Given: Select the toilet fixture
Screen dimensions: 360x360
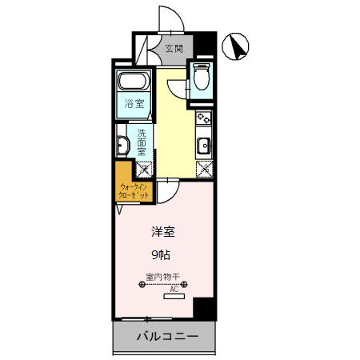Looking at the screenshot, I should [201, 78].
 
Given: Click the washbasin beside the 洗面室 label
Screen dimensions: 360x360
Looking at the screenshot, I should [123, 145].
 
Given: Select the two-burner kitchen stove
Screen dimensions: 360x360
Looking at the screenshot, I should [203, 118].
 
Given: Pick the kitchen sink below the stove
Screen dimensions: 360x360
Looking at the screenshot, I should [204, 145].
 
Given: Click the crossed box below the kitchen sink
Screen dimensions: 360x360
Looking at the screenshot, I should [205, 169].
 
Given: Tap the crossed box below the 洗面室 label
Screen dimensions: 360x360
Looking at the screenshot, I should [142, 169].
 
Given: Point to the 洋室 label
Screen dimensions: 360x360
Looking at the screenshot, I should [163, 233].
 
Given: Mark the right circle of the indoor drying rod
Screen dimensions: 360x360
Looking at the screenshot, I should [184, 284].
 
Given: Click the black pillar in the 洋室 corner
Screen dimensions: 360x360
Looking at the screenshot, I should [205, 308].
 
